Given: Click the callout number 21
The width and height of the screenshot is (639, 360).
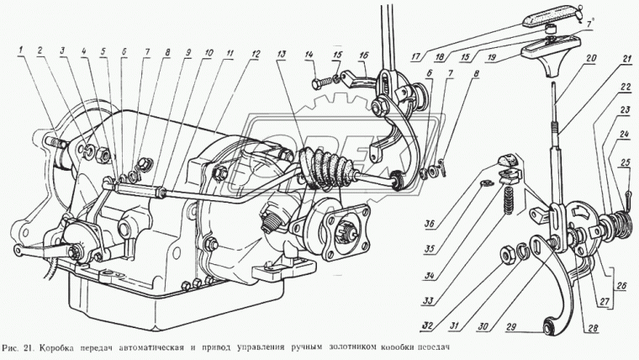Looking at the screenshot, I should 626,58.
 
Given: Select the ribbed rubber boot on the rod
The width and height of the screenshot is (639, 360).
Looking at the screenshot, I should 325,167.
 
